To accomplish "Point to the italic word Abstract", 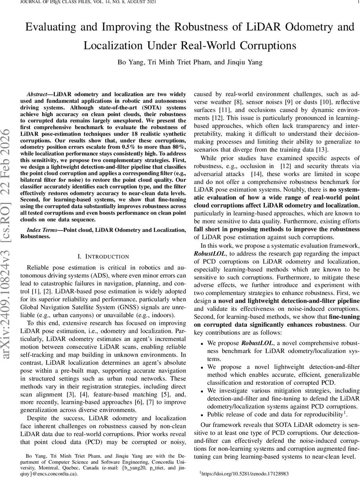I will (38, 94).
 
